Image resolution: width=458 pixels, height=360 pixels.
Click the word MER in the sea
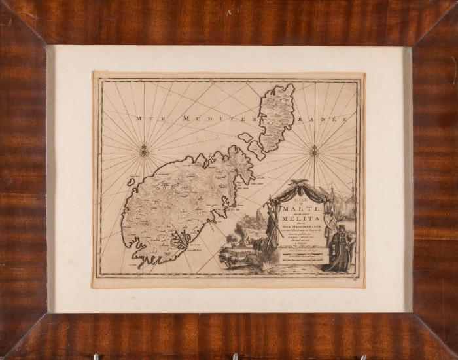pyautogui.click(x=144, y=118)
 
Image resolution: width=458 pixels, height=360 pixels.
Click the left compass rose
pyautogui.click(x=144, y=152)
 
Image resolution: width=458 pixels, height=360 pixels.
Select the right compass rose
pyautogui.click(x=314, y=151)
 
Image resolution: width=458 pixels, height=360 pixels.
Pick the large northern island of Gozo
pyautogui.click(x=275, y=116)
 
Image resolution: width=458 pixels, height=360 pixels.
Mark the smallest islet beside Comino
pyautogui.click(x=245, y=137)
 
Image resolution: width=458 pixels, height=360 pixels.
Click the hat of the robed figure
pyautogui.click(x=341, y=227)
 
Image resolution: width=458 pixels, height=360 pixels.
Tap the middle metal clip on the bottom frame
pyautogui.click(x=234, y=357)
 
